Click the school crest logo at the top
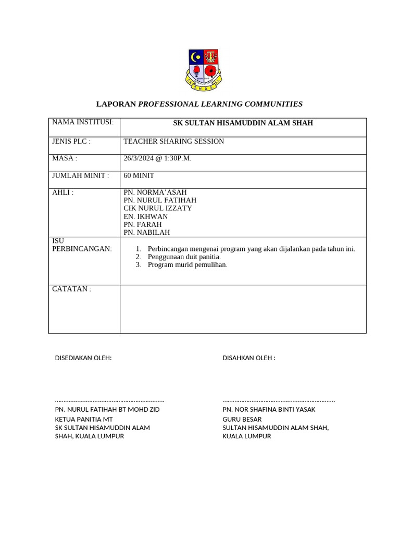point(203,70)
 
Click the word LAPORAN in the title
point(116,104)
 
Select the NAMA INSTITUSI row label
point(82,122)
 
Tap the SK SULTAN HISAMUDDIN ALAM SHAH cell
point(243,123)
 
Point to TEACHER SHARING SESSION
point(173,142)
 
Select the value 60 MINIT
point(139,176)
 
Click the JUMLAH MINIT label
point(80,176)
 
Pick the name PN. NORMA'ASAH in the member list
point(155,193)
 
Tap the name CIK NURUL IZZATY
point(157,208)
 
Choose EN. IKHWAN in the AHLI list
point(145,217)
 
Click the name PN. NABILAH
point(146,233)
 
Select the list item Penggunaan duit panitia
point(184,257)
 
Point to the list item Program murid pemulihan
point(187,264)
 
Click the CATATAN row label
point(71,289)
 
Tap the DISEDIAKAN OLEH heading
point(83,358)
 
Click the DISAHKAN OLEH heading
point(248,358)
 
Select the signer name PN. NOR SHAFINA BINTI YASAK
point(269,410)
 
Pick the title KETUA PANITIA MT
point(84,419)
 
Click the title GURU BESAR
point(242,419)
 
